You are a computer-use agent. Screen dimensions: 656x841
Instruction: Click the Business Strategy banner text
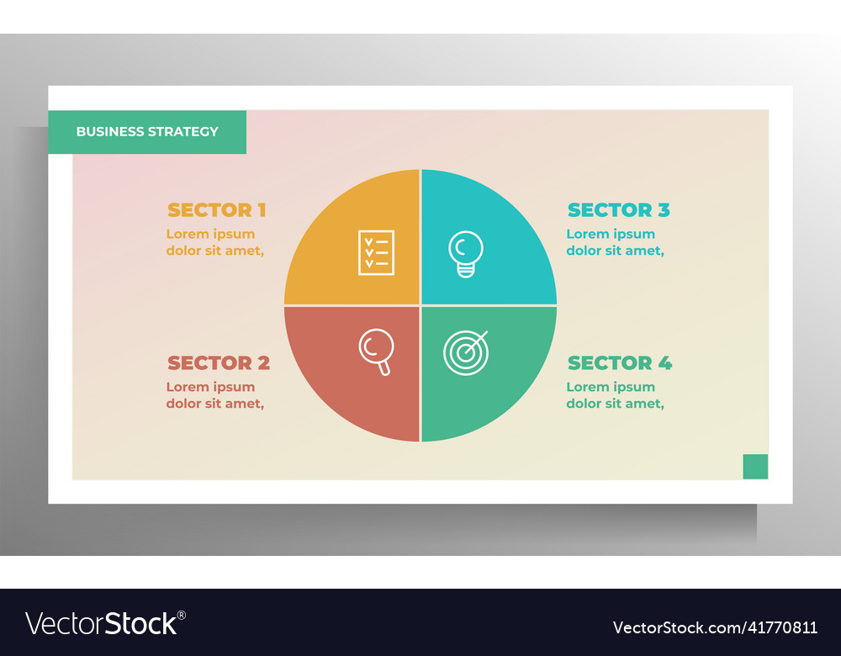[x=147, y=131]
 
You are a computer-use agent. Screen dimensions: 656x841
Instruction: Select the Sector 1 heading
[x=216, y=210]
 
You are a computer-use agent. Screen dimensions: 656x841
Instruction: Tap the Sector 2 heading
[x=218, y=363]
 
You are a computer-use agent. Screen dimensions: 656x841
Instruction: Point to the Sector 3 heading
[x=618, y=210]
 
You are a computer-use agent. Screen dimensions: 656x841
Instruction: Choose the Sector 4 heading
[x=619, y=363]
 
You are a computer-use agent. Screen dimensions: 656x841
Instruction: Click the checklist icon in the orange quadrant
[x=376, y=252]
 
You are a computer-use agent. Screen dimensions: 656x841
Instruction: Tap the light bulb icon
[x=466, y=253]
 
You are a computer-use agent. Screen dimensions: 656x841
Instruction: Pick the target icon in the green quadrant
[x=465, y=352]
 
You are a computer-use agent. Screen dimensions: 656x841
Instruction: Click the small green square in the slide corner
[x=755, y=466]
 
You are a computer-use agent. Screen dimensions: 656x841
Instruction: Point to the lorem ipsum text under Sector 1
[x=214, y=242]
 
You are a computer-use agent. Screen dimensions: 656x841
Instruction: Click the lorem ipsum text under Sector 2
[x=214, y=395]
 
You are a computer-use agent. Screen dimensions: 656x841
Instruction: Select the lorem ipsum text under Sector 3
[x=615, y=242]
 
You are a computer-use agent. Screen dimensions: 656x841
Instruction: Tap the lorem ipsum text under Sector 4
[x=615, y=395]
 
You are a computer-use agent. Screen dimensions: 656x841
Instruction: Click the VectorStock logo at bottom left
[x=105, y=623]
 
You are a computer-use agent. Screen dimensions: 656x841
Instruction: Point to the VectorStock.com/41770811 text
[x=715, y=627]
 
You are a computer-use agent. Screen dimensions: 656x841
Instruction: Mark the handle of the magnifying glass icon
[x=384, y=368]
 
